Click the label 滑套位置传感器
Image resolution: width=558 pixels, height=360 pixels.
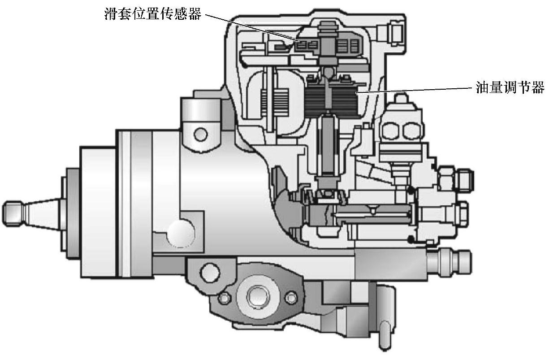pyautogui.click(x=153, y=14)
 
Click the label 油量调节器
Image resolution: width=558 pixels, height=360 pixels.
pyautogui.click(x=510, y=87)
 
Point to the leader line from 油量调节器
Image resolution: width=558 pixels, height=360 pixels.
pyautogui.click(x=415, y=91)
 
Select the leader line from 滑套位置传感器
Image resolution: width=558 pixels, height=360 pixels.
pyautogui.click(x=251, y=27)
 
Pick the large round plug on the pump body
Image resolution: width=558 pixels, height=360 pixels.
pyautogui.click(x=181, y=234)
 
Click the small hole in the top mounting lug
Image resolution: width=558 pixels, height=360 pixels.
pyautogui.click(x=200, y=135)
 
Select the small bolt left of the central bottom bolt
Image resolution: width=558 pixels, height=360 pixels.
pyautogui.click(x=225, y=298)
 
